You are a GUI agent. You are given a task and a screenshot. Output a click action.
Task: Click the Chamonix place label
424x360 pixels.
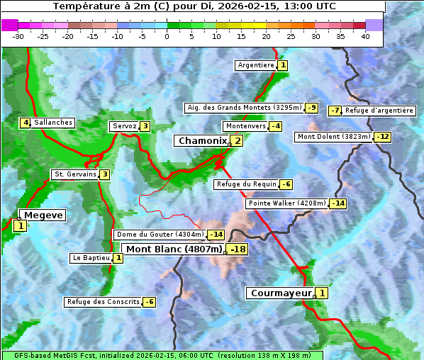202,141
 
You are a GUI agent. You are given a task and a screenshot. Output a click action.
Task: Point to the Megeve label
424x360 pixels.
43,215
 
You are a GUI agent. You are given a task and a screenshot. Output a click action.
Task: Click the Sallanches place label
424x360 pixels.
52,123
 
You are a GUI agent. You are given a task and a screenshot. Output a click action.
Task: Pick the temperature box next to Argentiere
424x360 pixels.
282,65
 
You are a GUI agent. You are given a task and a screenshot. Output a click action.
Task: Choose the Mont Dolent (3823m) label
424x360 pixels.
334,137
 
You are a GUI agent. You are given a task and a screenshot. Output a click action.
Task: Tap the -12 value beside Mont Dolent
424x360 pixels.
382,137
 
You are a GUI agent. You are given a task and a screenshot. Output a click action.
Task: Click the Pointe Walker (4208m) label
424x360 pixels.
286,203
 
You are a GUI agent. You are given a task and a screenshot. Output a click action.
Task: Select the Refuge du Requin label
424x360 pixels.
246,184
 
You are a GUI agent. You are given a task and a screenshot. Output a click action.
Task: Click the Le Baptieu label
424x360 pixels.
91,258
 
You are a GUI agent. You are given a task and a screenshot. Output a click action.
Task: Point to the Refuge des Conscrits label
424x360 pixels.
103,302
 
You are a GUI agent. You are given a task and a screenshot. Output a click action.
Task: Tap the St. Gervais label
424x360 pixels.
74,174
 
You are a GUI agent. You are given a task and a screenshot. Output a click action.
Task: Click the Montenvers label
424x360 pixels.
245,126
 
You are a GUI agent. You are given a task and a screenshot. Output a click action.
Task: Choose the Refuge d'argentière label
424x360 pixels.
379,111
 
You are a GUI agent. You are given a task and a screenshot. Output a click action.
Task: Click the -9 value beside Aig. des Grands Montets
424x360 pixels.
311,108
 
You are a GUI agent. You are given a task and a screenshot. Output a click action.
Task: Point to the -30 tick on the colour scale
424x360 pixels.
18,36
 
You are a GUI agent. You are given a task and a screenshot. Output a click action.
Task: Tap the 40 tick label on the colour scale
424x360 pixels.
365,36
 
